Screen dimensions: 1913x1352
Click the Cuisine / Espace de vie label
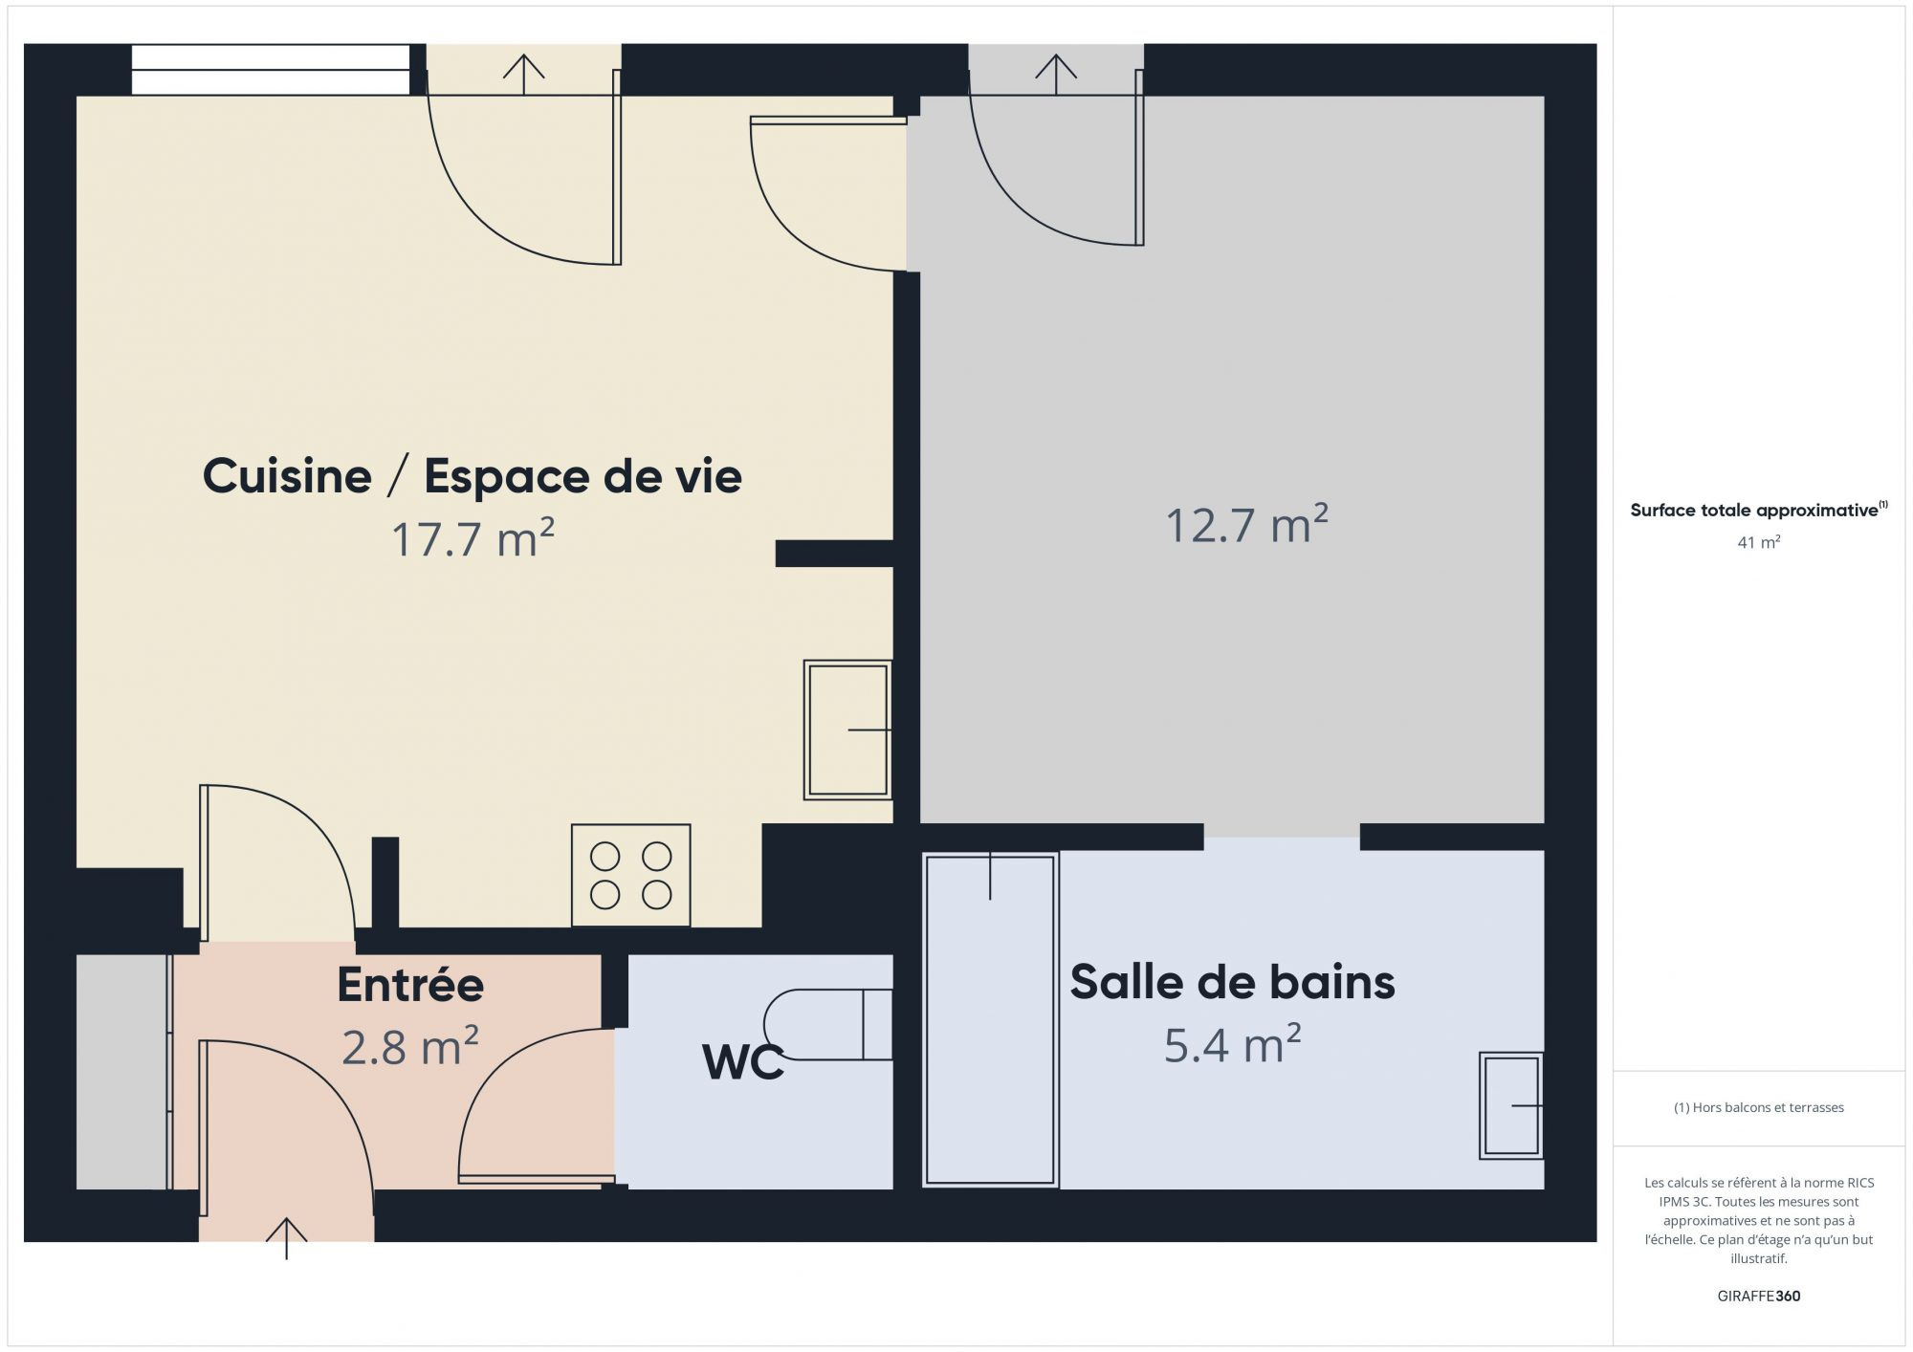472,476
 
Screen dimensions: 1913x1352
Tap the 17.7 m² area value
473,538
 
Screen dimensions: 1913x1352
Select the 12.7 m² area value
1246,524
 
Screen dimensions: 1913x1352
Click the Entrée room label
410,985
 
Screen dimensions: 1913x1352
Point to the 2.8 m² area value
409,1046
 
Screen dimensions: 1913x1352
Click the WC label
743,1061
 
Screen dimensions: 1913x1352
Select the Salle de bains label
1232,982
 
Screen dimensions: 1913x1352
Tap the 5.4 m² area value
1232,1044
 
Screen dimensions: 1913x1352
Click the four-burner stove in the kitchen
631,875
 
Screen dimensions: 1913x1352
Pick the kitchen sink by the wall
847,730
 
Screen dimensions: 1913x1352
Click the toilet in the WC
828,1024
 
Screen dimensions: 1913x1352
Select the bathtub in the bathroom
990,1019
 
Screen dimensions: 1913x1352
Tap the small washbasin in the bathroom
1511,1105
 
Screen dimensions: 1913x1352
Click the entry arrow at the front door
286,1238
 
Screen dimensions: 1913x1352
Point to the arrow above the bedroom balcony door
1055,75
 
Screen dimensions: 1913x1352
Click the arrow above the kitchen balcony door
523,75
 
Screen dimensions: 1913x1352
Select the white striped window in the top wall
271,70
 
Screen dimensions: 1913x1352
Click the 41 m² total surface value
1758,542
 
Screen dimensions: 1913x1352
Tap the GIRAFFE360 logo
1758,1296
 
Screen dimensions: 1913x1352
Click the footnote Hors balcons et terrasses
1758,1107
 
